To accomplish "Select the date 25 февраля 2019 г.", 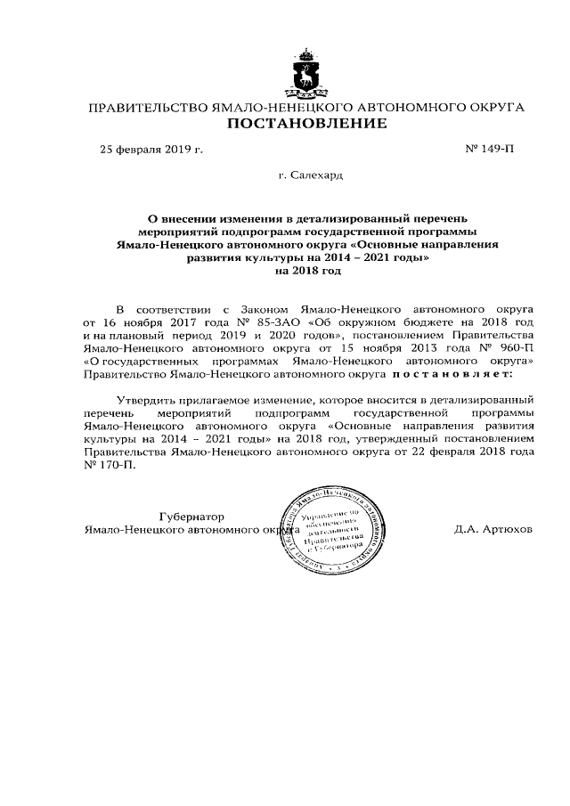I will pos(151,149).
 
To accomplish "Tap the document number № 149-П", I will pos(490,149).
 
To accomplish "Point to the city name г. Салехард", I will pos(307,175).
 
